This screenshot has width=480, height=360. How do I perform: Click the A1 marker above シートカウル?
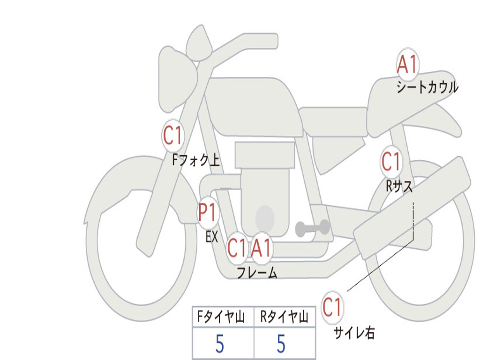point(407,65)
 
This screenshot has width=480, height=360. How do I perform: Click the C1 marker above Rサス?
point(391,162)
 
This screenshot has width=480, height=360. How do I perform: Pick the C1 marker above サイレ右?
point(332,307)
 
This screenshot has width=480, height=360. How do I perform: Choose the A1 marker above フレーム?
point(261,248)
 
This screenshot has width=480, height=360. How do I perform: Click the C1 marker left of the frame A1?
point(237,248)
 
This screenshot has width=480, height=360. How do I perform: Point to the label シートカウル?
point(427,88)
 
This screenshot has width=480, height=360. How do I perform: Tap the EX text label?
point(212,237)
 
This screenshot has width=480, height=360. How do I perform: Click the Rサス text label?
point(399,187)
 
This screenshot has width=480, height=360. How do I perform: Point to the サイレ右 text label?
point(354,333)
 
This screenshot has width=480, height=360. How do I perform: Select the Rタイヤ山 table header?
point(284,318)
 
